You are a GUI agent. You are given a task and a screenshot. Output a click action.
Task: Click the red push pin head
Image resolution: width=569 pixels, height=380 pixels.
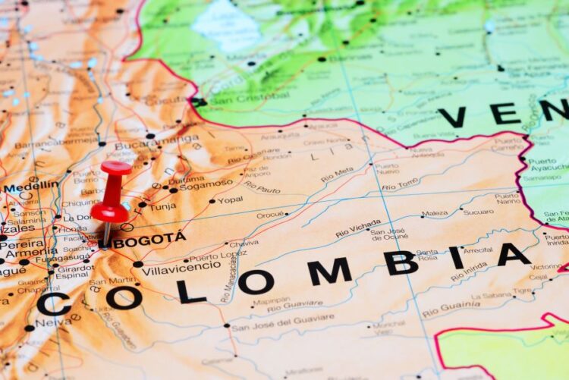[114, 168]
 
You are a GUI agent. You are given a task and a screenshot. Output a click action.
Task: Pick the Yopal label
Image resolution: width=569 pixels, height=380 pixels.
[230, 200]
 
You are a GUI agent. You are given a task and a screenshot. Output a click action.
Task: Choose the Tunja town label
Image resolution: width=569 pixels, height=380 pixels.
[162, 206]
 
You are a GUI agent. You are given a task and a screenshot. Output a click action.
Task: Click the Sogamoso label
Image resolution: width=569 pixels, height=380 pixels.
[206, 184]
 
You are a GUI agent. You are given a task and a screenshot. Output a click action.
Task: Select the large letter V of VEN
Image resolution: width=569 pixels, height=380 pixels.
[452, 118]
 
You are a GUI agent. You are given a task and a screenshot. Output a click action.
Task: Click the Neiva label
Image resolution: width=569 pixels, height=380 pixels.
[53, 322]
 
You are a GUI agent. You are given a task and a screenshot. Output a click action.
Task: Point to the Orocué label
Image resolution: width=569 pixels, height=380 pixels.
[270, 215]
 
